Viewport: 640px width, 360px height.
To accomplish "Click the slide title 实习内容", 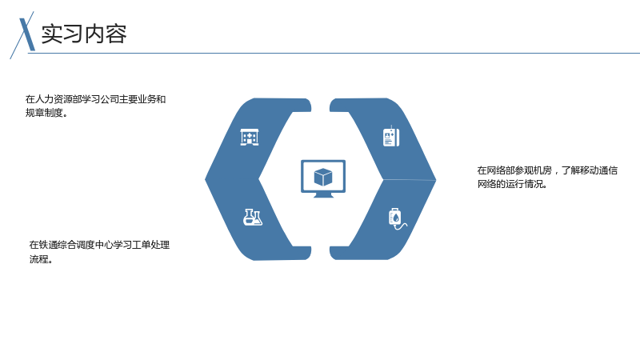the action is (x=84, y=34).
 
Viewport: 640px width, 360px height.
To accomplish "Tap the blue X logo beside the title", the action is (x=25, y=35).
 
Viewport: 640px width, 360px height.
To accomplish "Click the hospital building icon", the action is (x=250, y=137).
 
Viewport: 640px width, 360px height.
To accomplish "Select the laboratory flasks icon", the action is (x=253, y=217).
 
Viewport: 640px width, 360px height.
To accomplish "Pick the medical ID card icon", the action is (x=391, y=137).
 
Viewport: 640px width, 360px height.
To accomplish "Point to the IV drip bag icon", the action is (x=397, y=219).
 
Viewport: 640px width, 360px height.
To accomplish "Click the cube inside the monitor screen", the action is (x=323, y=177).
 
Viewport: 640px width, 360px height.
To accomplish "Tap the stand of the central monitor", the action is (x=323, y=195).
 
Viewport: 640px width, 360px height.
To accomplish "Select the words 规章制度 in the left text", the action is (x=44, y=113).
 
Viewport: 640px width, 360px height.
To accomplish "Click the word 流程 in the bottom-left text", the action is (x=38, y=259).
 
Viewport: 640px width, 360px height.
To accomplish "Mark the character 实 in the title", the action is (x=52, y=34).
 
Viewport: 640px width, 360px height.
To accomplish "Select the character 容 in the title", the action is (x=116, y=34).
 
